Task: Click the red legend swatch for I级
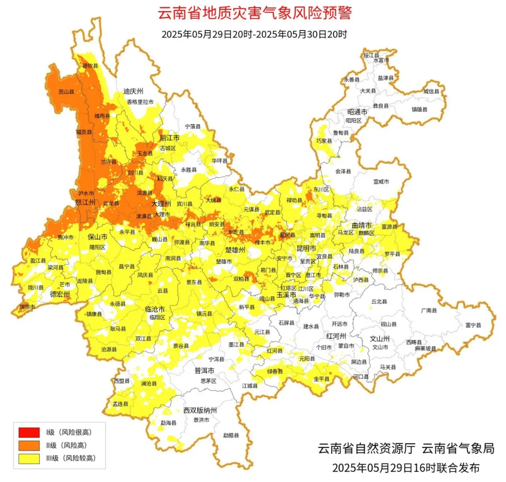pos(29,431)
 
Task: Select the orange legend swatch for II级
pos(29,445)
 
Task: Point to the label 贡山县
pos(66,92)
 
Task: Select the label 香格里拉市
pos(140,102)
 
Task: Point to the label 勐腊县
pos(231,435)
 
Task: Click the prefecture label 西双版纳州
pos(200,410)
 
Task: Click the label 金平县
pos(321,378)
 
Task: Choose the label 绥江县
pos(372,55)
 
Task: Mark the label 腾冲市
pos(66,237)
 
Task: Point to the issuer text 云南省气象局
pos(458,448)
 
